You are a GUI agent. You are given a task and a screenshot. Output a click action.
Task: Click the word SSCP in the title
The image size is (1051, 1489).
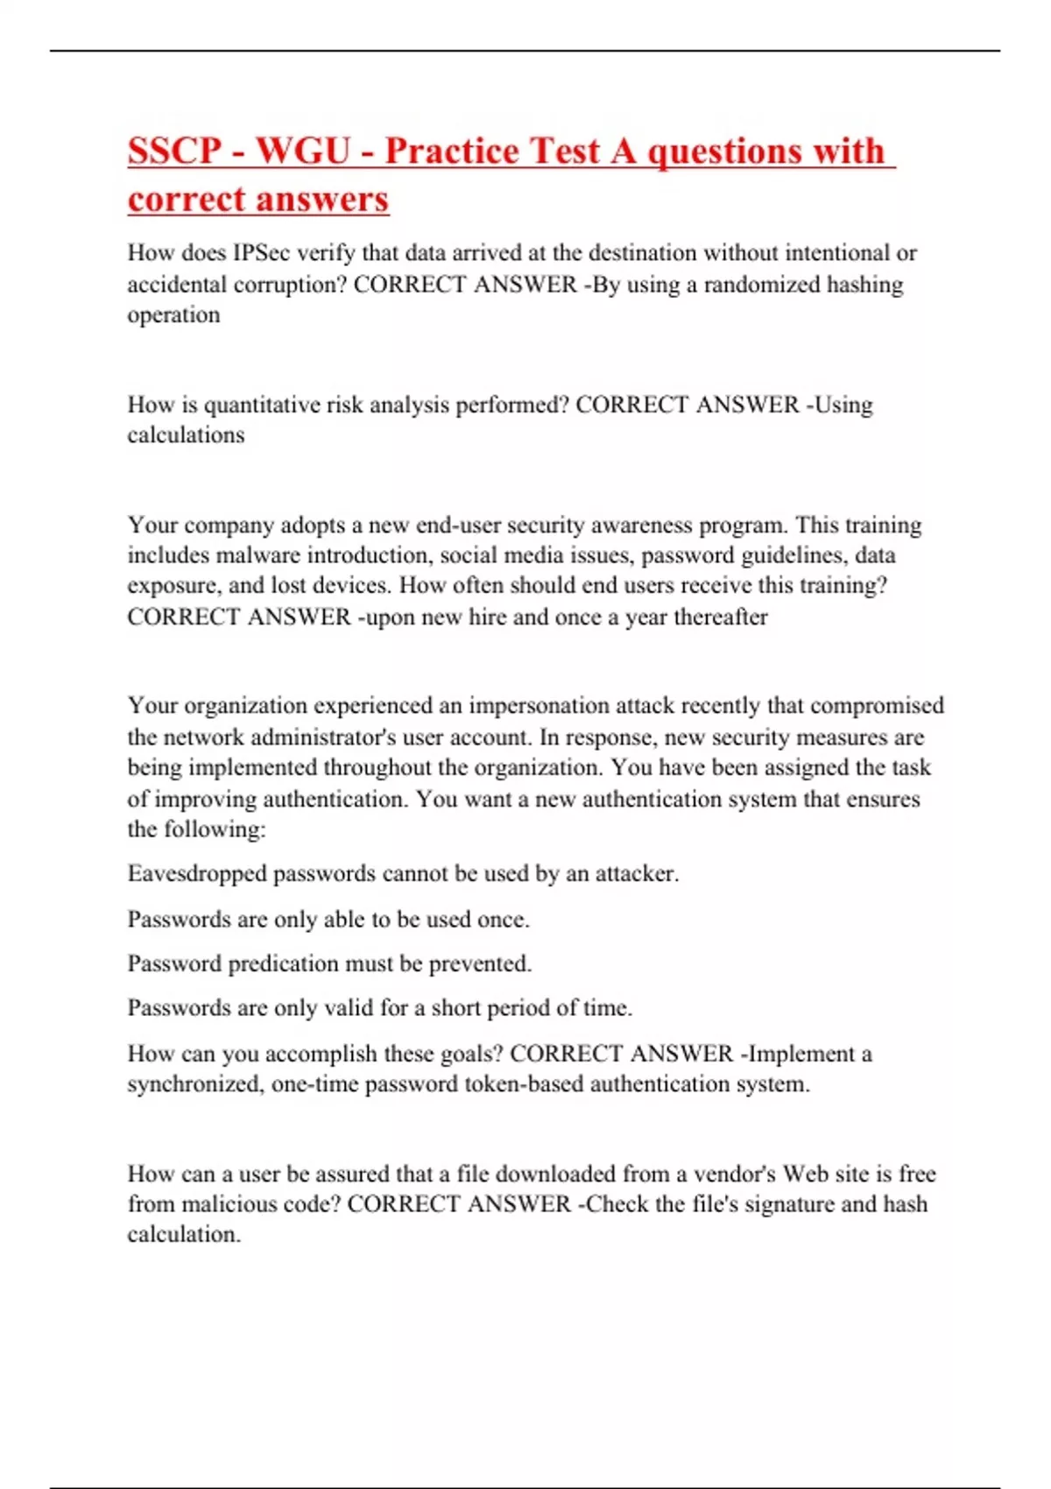(175, 152)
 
